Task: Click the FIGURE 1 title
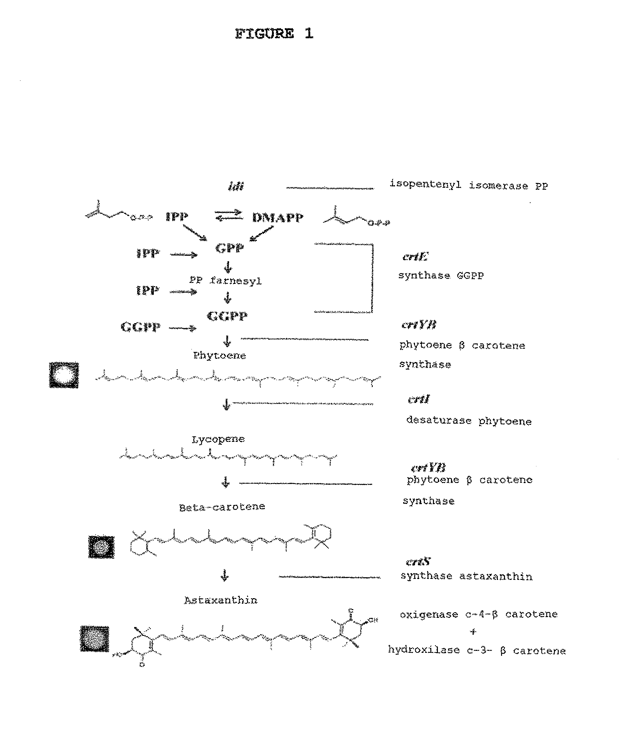pos(274,34)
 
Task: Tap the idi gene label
pos(236,186)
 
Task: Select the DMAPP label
pos(278,218)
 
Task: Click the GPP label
pos(229,248)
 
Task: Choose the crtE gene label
pos(415,256)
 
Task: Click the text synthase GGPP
pos(441,275)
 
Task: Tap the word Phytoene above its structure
pos(219,356)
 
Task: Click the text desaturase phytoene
pos(469,421)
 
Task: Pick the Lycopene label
pos(218,439)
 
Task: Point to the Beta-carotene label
pos(222,507)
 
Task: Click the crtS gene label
pos(418,562)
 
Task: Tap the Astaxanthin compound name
pos(221,600)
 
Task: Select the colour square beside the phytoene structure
pos(64,375)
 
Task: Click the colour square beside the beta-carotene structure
pos(101,547)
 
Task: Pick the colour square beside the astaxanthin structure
pos(95,639)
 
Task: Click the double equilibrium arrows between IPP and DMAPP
pos(229,215)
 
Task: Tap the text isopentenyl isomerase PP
pos(469,185)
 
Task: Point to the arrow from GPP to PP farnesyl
pos(228,267)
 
